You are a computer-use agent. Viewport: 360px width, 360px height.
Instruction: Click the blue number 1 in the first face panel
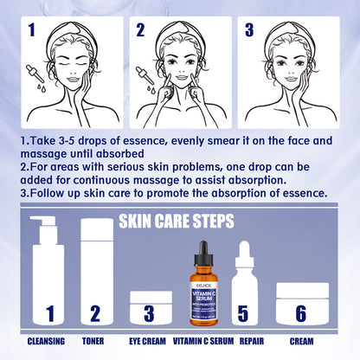(32, 32)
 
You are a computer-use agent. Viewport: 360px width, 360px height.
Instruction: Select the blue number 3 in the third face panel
(250, 32)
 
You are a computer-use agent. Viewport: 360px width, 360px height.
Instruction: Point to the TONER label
(96, 341)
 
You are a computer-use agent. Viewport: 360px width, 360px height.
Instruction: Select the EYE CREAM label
(148, 341)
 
